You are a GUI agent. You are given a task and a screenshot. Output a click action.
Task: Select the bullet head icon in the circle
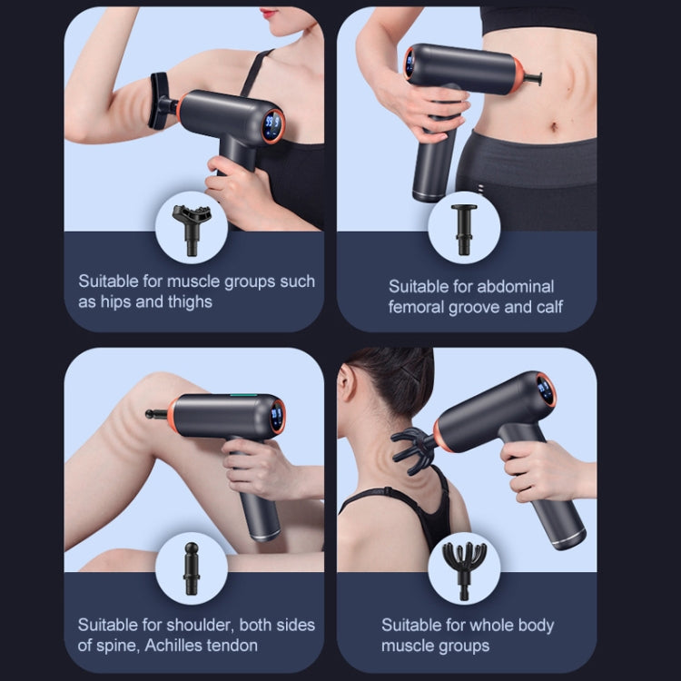pos(192,568)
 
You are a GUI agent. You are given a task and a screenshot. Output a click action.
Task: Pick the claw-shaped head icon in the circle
pos(463,568)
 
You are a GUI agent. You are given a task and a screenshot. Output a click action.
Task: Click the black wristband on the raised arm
pos(159,101)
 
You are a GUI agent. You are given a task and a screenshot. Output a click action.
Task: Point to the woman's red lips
pos(270,14)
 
